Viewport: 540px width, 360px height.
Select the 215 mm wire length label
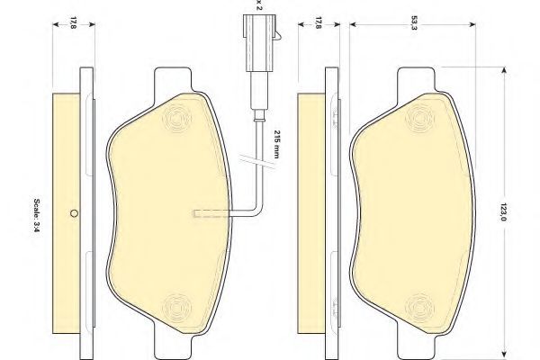point(276,144)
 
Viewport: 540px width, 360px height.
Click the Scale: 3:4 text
point(37,215)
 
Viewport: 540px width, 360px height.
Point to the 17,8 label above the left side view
point(73,22)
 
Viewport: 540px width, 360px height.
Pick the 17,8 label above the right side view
point(318,22)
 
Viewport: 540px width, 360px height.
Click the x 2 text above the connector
point(259,5)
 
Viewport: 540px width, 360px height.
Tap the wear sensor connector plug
point(260,42)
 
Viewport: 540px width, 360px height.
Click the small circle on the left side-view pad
point(74,213)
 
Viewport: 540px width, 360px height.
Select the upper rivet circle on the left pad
point(177,118)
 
